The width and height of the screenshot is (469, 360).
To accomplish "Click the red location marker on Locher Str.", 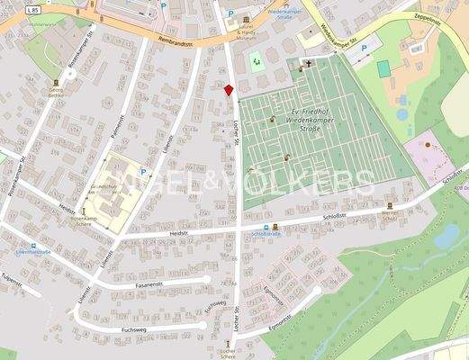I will click(x=229, y=89).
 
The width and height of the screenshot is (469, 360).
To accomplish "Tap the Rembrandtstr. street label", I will click(x=167, y=40).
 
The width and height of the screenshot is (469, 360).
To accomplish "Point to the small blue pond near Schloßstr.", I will click(x=446, y=236).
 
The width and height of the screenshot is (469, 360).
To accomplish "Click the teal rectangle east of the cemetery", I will click(x=383, y=68).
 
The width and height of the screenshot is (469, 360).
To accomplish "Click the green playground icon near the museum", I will click(x=256, y=60).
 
